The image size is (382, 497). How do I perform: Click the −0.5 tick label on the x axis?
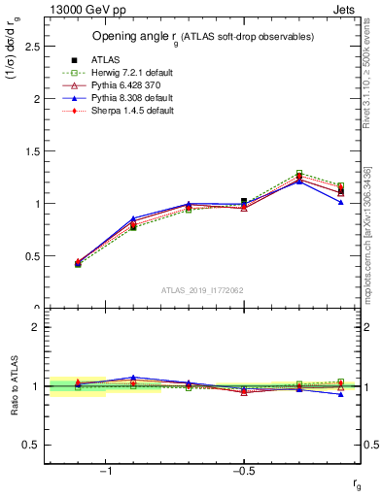[x=243, y=472]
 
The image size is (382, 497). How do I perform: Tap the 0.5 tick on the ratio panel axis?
[x=32, y=445]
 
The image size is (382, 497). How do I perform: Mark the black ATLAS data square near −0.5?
[x=244, y=202]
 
